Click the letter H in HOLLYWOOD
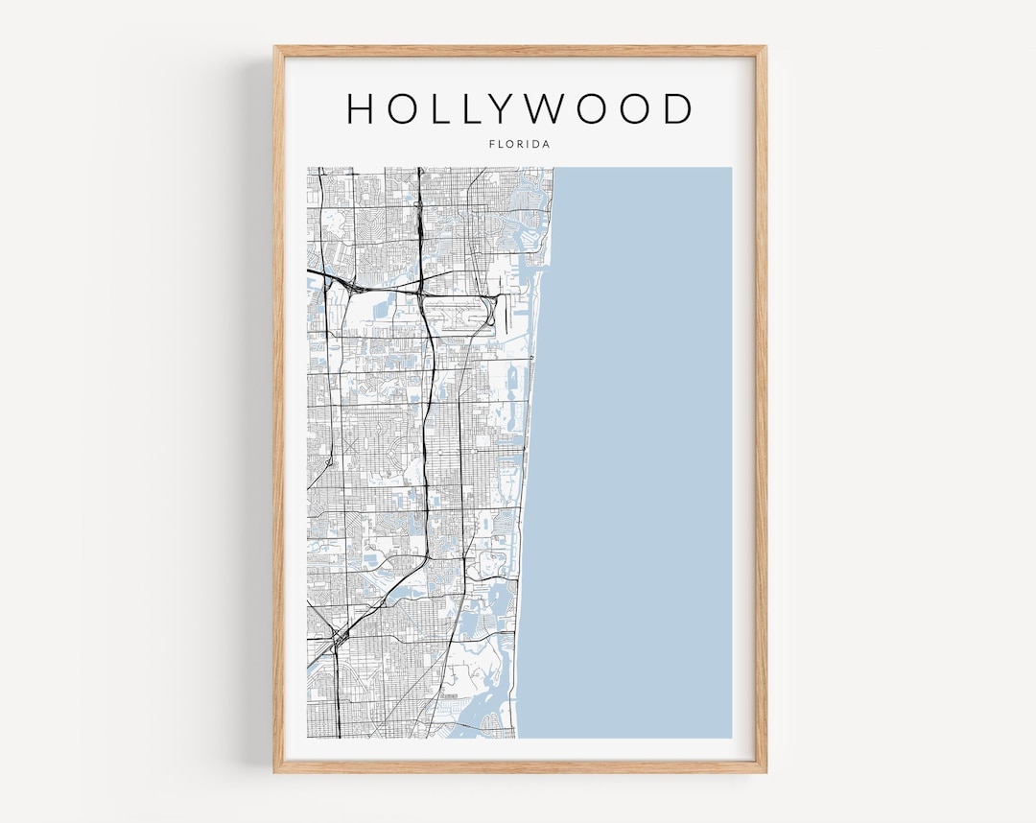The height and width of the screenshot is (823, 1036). [364, 108]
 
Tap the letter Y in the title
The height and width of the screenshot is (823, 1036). [519, 108]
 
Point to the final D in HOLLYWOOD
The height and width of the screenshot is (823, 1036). [677, 108]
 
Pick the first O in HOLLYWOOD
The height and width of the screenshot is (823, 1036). [406, 108]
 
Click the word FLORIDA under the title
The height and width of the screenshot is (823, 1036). [518, 144]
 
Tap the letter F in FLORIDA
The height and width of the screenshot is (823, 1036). [492, 144]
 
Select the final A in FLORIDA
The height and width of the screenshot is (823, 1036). [546, 144]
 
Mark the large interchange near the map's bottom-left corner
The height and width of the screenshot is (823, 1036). [337, 639]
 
